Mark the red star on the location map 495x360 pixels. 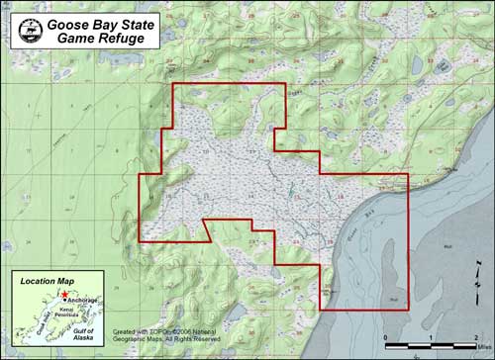point(63,295)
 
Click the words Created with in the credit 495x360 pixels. point(133,330)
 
